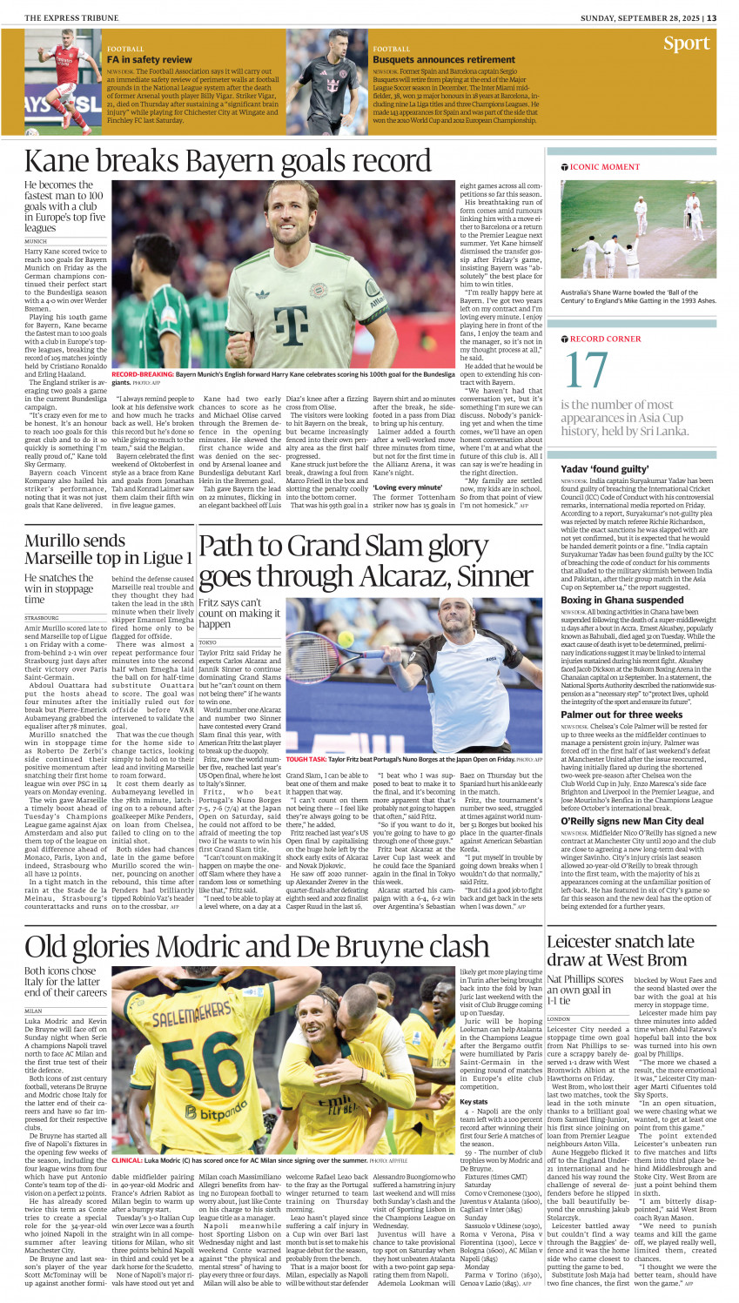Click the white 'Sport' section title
686,44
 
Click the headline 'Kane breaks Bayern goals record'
227,162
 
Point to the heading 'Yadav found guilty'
601,468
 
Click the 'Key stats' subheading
474,1102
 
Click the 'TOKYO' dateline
207,642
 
